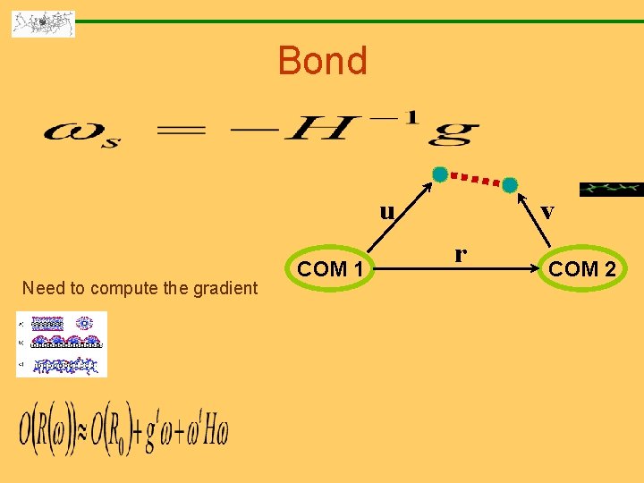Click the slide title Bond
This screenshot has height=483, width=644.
point(322,61)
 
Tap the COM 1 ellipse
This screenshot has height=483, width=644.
point(330,268)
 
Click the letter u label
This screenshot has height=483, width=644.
point(386,212)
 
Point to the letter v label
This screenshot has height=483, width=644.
point(547,212)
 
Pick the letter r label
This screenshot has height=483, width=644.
point(460,253)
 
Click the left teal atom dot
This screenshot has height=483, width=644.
point(439,174)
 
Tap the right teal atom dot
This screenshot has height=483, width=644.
point(509,184)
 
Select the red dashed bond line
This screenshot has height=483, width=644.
point(474,179)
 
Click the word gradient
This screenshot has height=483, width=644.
point(227,288)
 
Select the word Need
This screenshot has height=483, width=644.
point(41,288)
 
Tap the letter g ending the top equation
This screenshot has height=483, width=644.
point(453,134)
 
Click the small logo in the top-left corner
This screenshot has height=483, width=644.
point(43,23)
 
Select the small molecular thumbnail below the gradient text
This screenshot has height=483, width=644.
point(61,344)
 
